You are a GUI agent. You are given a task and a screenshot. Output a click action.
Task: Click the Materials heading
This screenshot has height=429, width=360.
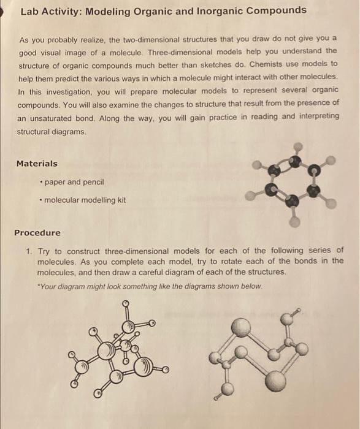coord(37,164)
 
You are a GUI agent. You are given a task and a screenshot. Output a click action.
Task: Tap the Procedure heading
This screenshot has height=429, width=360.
coord(37,233)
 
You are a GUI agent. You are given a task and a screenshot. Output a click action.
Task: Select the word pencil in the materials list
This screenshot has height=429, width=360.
coord(93,182)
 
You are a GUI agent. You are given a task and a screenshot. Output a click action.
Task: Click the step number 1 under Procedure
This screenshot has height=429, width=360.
coord(28,251)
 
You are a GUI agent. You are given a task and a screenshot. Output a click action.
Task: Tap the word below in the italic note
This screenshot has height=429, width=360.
coord(251,286)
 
